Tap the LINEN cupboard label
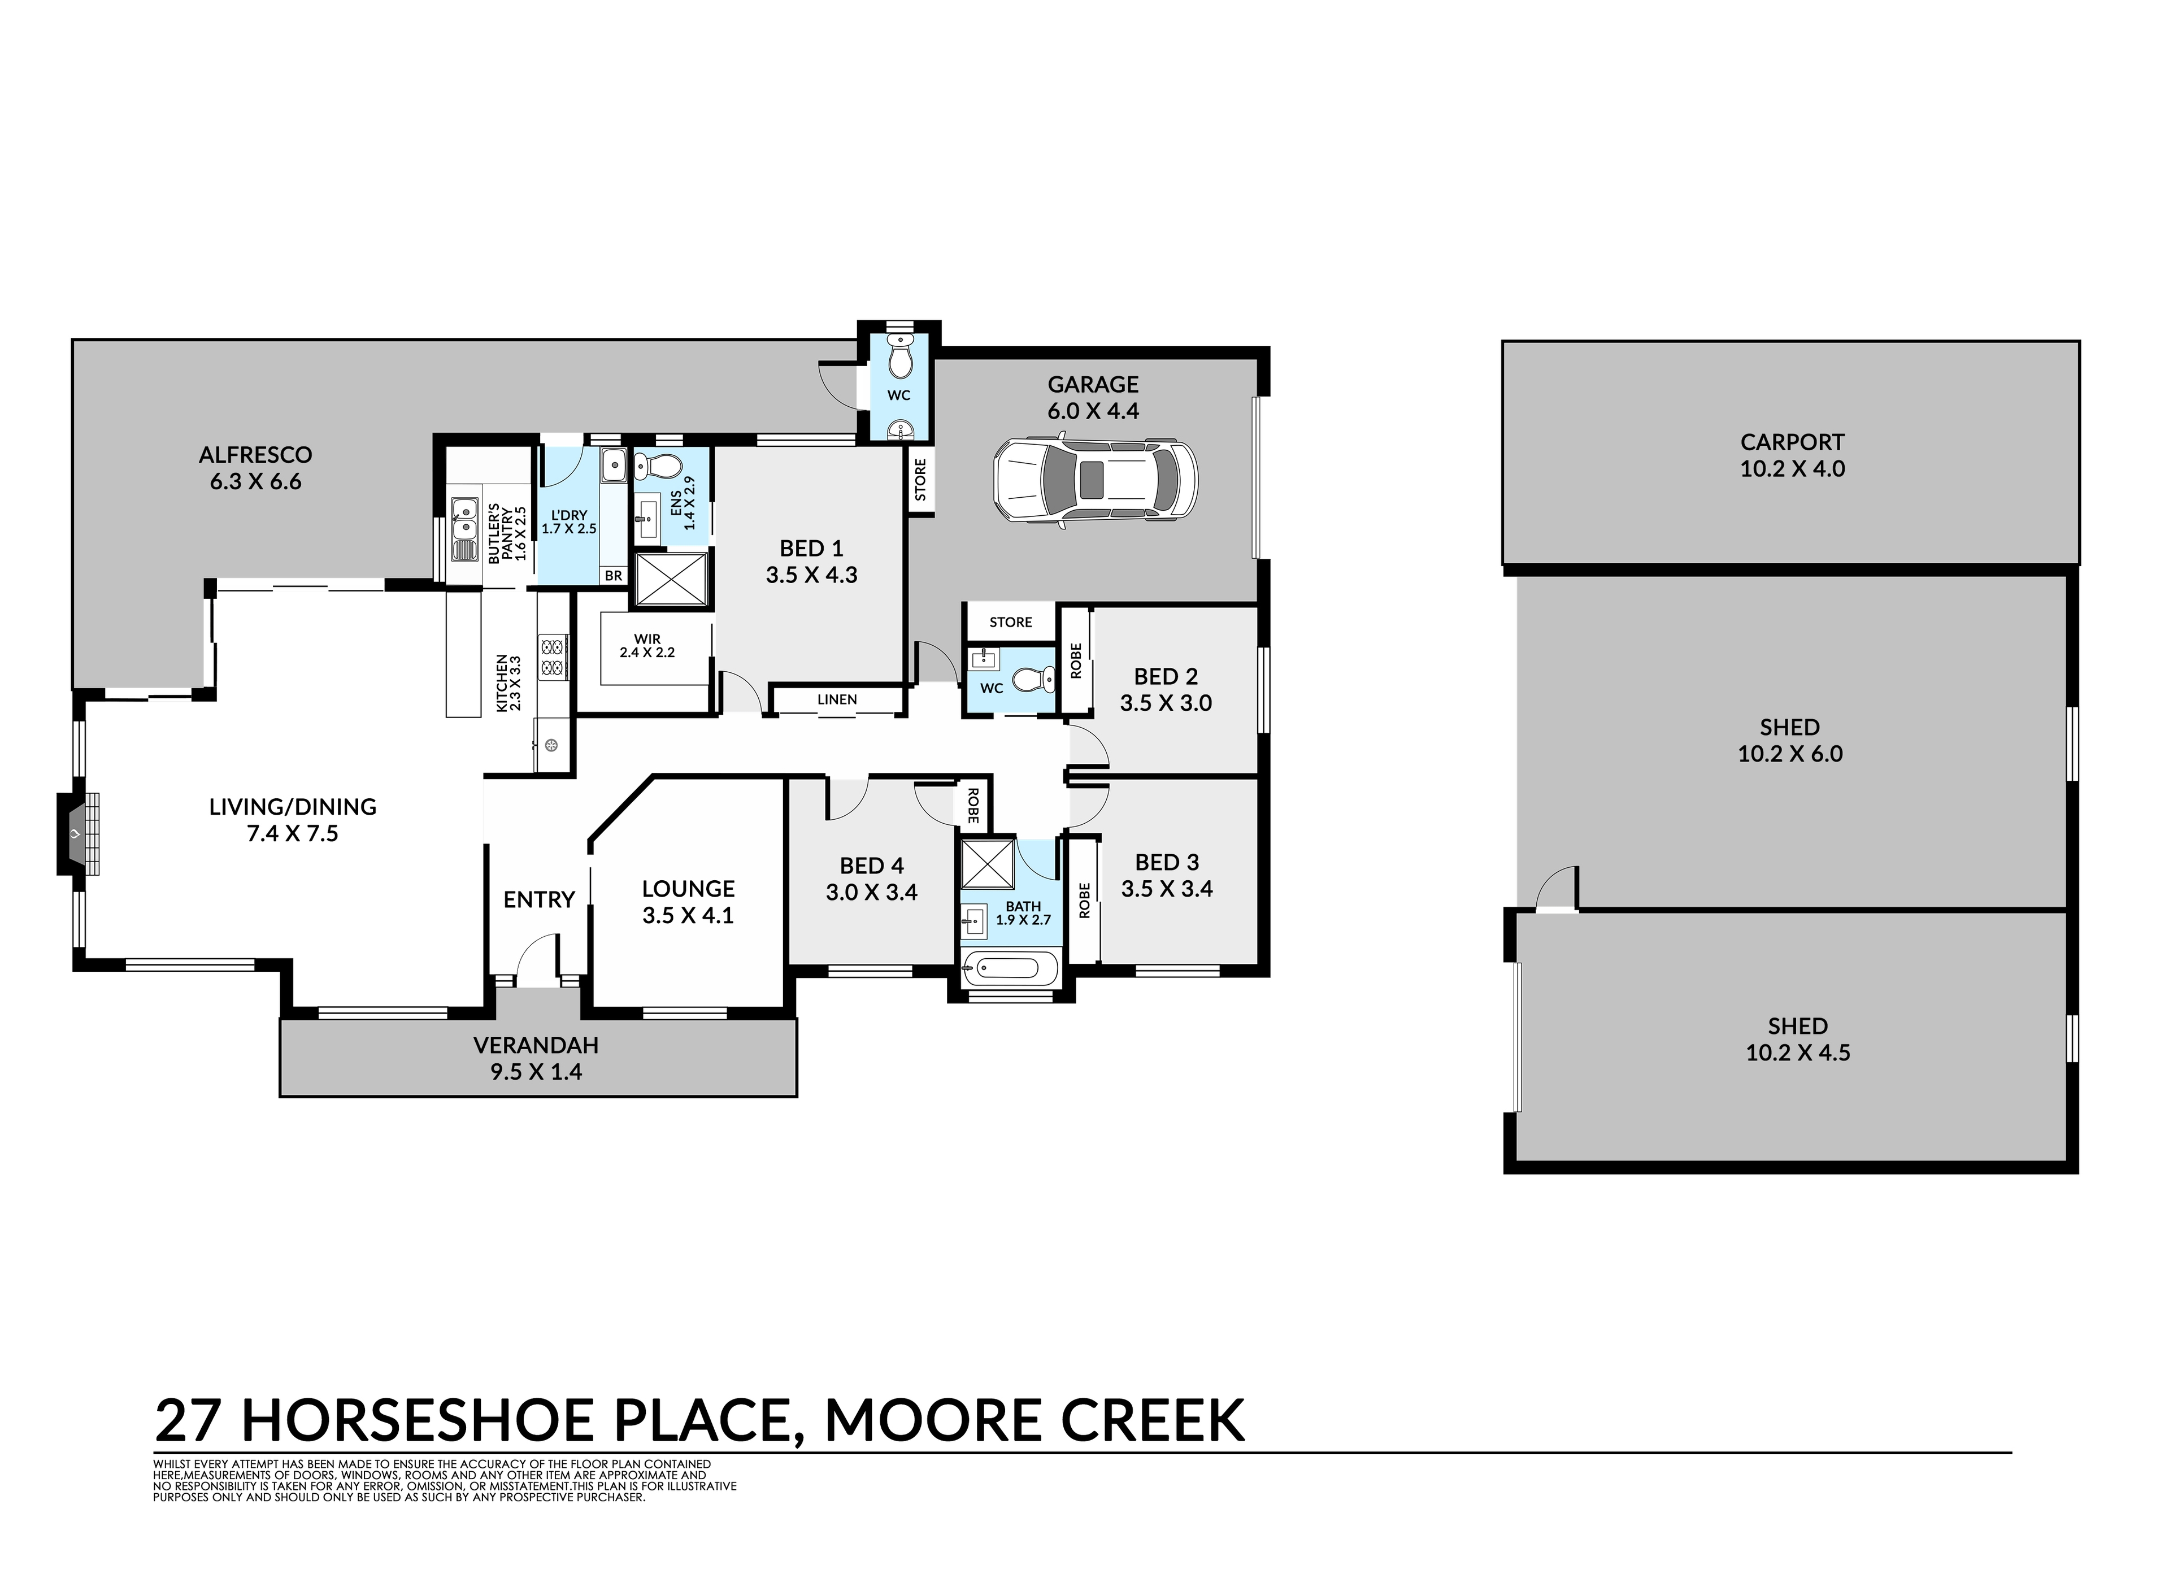[x=837, y=699]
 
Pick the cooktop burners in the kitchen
[x=553, y=655]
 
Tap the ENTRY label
[x=539, y=899]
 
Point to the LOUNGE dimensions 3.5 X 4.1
[x=688, y=915]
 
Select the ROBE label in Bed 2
[x=1076, y=661]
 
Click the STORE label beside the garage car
[x=920, y=479]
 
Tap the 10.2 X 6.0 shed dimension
[x=1789, y=754]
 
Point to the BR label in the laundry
[x=613, y=576]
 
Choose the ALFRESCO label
[x=255, y=454]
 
